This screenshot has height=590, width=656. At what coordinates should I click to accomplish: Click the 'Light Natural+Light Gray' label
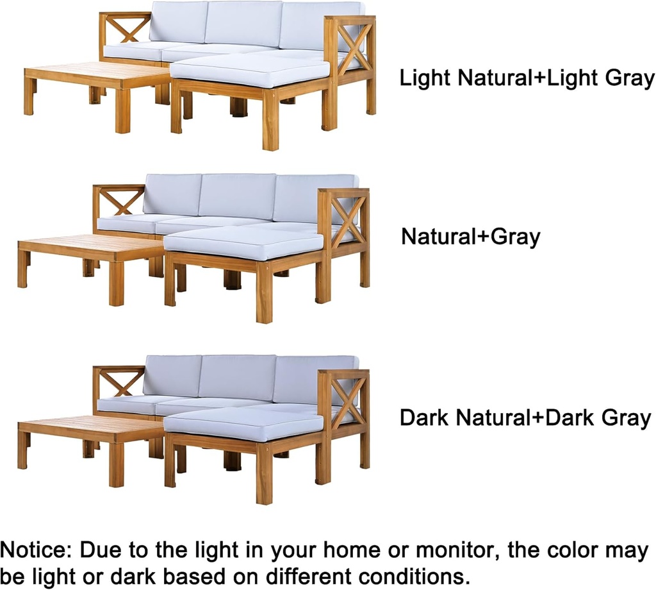527,79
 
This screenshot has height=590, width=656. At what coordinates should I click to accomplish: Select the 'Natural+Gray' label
470,237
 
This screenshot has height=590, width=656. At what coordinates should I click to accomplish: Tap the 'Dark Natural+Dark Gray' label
525,418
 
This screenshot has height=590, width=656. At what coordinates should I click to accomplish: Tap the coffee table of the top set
96,77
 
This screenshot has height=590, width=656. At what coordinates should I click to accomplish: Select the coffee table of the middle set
90,248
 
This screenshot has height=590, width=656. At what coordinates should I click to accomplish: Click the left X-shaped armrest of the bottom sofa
119,382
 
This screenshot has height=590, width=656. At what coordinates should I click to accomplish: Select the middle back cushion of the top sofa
243,24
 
